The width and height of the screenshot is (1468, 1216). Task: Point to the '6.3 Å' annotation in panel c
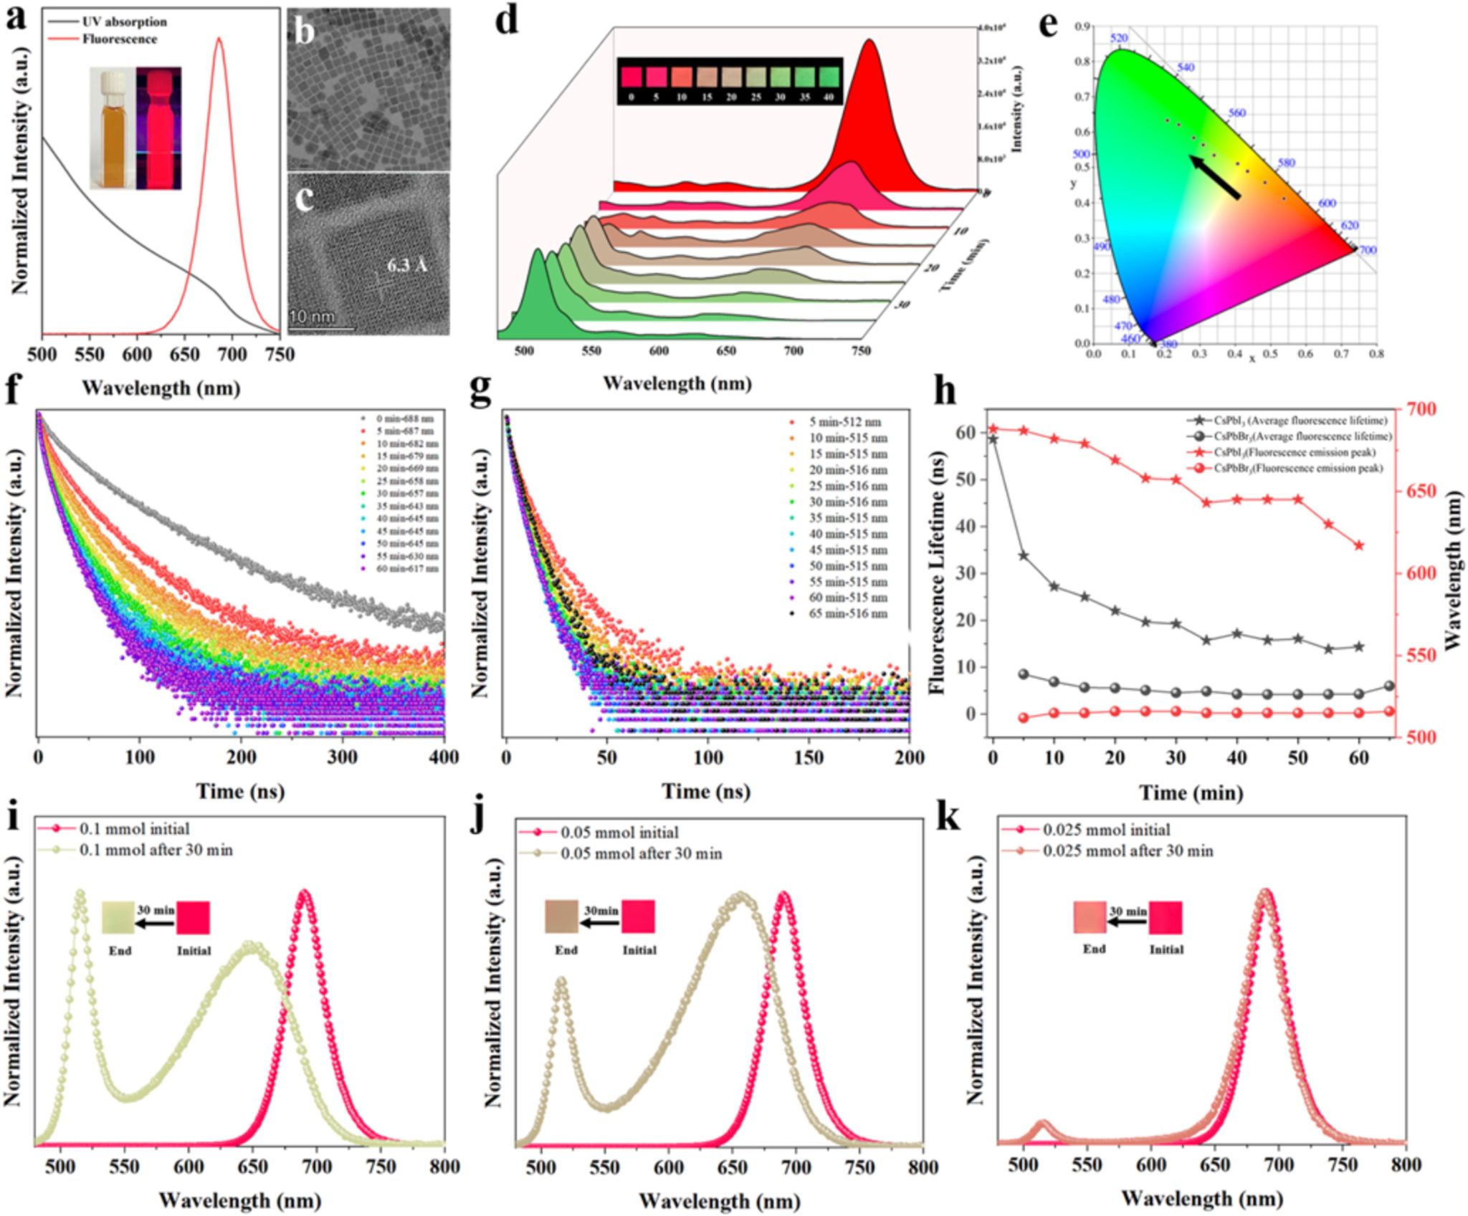[406, 265]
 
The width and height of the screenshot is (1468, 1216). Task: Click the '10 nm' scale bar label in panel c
[312, 317]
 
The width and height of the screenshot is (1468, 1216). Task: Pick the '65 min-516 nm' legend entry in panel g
[847, 613]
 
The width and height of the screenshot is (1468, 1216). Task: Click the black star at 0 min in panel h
[993, 439]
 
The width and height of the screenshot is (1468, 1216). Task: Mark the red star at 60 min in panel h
[1359, 545]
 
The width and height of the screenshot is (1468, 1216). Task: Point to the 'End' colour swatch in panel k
[1090, 918]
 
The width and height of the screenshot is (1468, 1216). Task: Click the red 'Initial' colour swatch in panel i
[194, 918]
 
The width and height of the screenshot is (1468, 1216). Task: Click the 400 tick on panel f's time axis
[444, 757]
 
